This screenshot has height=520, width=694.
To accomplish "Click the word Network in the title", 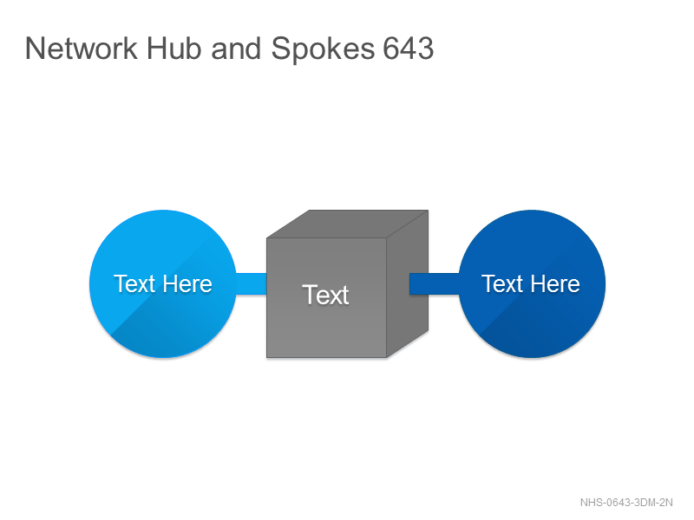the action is point(82,49).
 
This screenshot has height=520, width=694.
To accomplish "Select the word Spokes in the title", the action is point(323,49).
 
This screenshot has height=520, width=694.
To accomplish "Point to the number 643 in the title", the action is point(408,49).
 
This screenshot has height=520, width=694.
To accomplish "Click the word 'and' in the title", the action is point(236,49).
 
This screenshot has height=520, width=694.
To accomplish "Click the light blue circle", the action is point(163,283).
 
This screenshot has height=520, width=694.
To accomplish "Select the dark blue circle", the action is point(532,283).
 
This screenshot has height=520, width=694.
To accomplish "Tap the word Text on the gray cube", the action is point(326,295).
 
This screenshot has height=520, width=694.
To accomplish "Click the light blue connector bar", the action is point(251,283).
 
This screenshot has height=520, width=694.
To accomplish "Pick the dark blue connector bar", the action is point(435,283).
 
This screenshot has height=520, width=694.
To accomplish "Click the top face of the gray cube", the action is point(348,224).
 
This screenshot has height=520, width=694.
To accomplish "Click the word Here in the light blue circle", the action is point(187,284).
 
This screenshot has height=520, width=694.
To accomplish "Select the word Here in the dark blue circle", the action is point(555,284).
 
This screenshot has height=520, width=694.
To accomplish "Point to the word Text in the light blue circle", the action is point(135,284).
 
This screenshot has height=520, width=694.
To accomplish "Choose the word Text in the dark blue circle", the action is point(503,284).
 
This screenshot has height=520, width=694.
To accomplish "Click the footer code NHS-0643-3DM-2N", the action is point(626,503).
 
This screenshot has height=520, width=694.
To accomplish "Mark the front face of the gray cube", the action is point(327,297).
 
